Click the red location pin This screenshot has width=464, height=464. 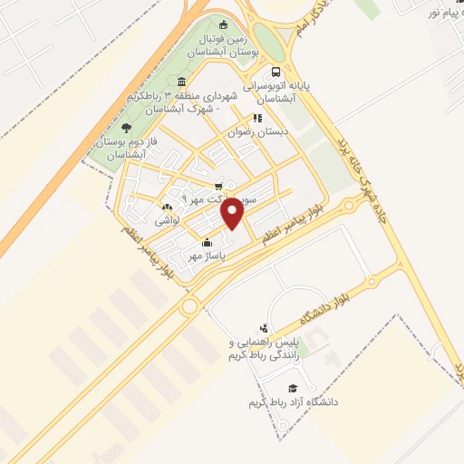click(234, 213)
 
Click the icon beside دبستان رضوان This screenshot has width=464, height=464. click(257, 118)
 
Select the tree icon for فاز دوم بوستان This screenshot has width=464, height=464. click(126, 128)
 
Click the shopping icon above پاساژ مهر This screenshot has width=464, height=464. click(208, 242)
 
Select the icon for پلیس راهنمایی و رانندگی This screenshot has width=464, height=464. click(264, 328)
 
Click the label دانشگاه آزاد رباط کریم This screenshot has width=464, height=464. click(291, 401)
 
